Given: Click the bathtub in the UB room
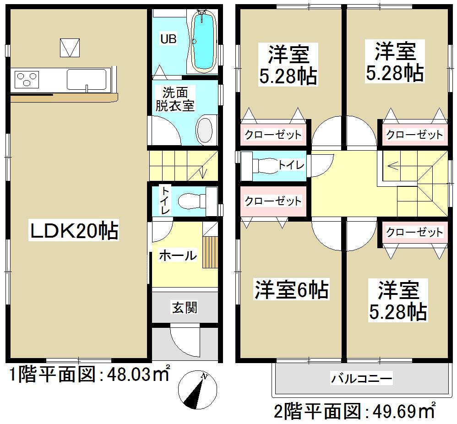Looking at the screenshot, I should pyautogui.click(x=203, y=42).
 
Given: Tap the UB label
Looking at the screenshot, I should pyautogui.click(x=168, y=39).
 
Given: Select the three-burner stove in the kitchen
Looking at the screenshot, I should pyautogui.click(x=27, y=79).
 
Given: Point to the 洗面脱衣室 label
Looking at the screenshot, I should pyautogui.click(x=174, y=99).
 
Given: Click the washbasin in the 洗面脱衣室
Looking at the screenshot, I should pyautogui.click(x=205, y=130).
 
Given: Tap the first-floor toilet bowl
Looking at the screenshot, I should pyautogui.click(x=190, y=201).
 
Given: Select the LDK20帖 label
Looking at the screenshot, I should pyautogui.click(x=74, y=232).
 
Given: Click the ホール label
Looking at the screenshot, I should pyautogui.click(x=177, y=256).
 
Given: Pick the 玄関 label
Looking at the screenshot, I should pyautogui.click(x=185, y=308).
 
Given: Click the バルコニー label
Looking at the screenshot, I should pyautogui.click(x=361, y=379).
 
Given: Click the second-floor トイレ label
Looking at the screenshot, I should pyautogui.click(x=291, y=164).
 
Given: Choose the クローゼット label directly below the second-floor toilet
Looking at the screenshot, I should pyautogui.click(x=273, y=201).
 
